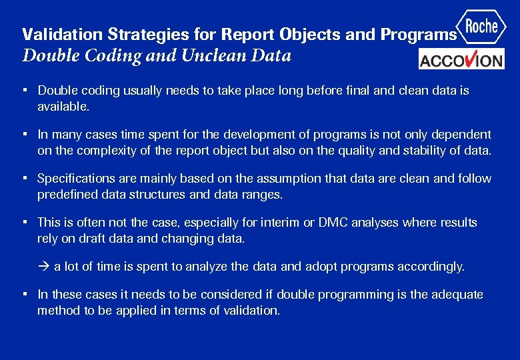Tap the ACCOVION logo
pyautogui.click(x=461, y=59)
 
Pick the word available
pyautogui.click(x=63, y=106)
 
